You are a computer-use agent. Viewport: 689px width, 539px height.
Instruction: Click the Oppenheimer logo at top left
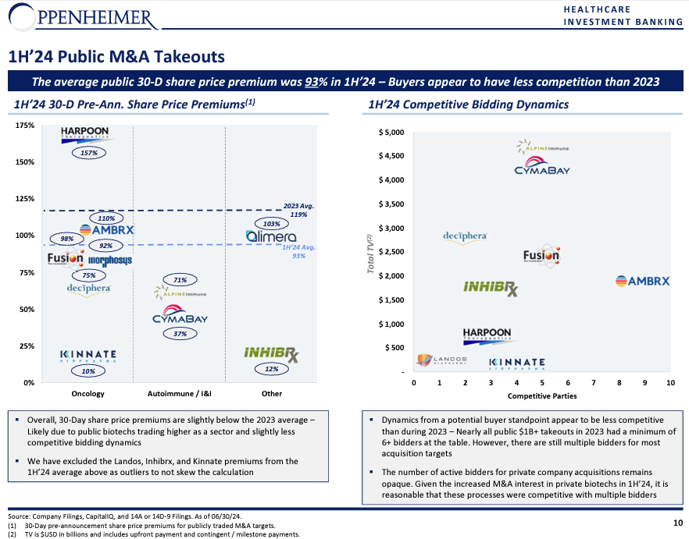tap(84, 18)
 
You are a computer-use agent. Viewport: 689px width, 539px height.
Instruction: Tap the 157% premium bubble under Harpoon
tap(89, 153)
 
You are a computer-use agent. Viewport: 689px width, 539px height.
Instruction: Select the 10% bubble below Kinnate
tap(88, 371)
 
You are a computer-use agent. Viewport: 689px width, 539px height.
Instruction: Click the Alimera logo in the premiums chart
tap(271, 236)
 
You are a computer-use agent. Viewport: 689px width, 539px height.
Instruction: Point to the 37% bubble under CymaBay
tap(180, 334)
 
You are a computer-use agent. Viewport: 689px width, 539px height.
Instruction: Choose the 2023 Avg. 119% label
tap(298, 211)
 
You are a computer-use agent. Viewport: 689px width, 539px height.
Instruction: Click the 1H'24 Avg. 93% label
tap(298, 251)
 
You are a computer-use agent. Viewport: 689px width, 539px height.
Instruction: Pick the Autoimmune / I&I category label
tap(180, 394)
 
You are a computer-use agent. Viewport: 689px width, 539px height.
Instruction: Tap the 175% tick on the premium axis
tap(25, 126)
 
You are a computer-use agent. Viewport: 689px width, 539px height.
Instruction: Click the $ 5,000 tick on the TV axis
tap(391, 133)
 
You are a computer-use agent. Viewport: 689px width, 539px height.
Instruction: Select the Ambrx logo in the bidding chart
tap(642, 281)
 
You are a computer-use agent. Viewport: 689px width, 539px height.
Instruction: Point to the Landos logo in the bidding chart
tap(442, 360)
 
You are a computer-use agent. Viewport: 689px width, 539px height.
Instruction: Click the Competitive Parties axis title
tap(542, 396)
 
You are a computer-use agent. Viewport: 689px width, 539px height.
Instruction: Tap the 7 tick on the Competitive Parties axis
tap(594, 383)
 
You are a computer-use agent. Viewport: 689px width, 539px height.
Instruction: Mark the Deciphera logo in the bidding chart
tap(465, 237)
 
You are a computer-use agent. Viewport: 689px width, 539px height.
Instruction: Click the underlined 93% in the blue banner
tap(312, 82)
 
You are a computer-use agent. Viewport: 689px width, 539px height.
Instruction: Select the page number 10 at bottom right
tap(678, 523)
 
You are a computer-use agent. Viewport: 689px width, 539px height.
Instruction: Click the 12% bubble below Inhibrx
tap(272, 369)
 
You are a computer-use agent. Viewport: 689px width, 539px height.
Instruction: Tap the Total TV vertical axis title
tap(370, 254)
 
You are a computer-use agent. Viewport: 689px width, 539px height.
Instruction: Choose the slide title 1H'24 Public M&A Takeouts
tap(117, 57)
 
